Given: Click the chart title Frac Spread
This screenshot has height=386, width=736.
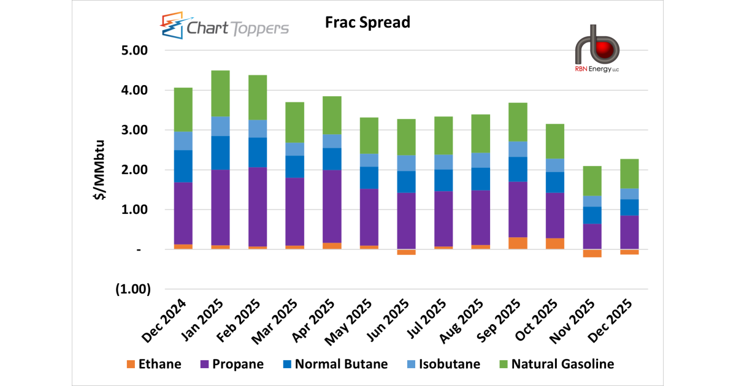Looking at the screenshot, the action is pos(367,22).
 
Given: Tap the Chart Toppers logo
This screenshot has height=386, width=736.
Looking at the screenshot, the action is pos(224,26).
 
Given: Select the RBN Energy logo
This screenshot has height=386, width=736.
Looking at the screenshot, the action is pos(597,48).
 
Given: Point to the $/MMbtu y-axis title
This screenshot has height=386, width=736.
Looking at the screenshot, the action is pos(99,170).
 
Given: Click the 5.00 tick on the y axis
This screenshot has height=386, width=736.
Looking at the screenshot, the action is pos(134,50).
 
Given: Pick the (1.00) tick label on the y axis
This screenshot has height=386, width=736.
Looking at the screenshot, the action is pos(132,289).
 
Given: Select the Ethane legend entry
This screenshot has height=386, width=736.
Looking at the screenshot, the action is pos(154,364).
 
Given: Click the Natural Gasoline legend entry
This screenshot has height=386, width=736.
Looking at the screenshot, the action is pos(557,364).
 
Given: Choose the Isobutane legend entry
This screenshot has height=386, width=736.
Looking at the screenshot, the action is pos(443,364).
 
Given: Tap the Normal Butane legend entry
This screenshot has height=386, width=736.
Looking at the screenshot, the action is pos(335,364).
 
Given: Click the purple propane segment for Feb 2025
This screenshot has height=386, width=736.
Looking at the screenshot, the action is pos(258,207).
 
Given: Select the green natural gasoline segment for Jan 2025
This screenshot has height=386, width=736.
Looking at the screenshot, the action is pos(220,94).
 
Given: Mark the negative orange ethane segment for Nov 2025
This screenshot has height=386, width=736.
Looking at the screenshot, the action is pos(592,253).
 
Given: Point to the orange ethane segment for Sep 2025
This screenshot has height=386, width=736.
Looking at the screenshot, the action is pos(518,243).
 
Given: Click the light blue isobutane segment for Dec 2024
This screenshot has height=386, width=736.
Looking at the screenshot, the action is pos(183,141).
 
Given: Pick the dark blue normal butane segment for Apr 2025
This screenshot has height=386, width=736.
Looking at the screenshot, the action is pos(332,159).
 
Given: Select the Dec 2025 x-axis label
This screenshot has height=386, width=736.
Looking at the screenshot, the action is pos(610,320).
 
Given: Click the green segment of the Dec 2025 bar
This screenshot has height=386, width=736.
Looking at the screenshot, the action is pos(629,174).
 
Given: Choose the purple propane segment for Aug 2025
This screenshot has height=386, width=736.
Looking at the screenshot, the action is pos(481,218).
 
